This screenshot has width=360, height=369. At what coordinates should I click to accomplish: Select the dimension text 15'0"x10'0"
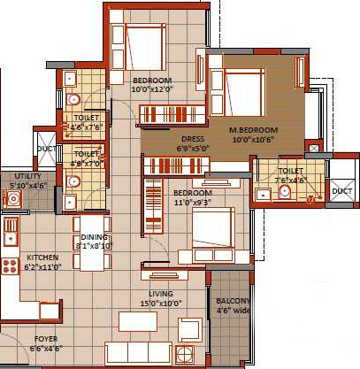click(x=161, y=304)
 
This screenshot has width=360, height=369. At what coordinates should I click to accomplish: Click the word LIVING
click(x=161, y=294)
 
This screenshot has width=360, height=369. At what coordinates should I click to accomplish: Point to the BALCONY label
click(x=233, y=301)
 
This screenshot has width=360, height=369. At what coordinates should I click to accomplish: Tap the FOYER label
click(x=46, y=339)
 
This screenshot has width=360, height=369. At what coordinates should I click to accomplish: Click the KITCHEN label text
click(x=42, y=258)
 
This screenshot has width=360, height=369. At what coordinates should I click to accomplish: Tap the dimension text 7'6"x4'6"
click(x=291, y=180)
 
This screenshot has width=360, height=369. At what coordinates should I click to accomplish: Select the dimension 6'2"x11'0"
click(x=42, y=266)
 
